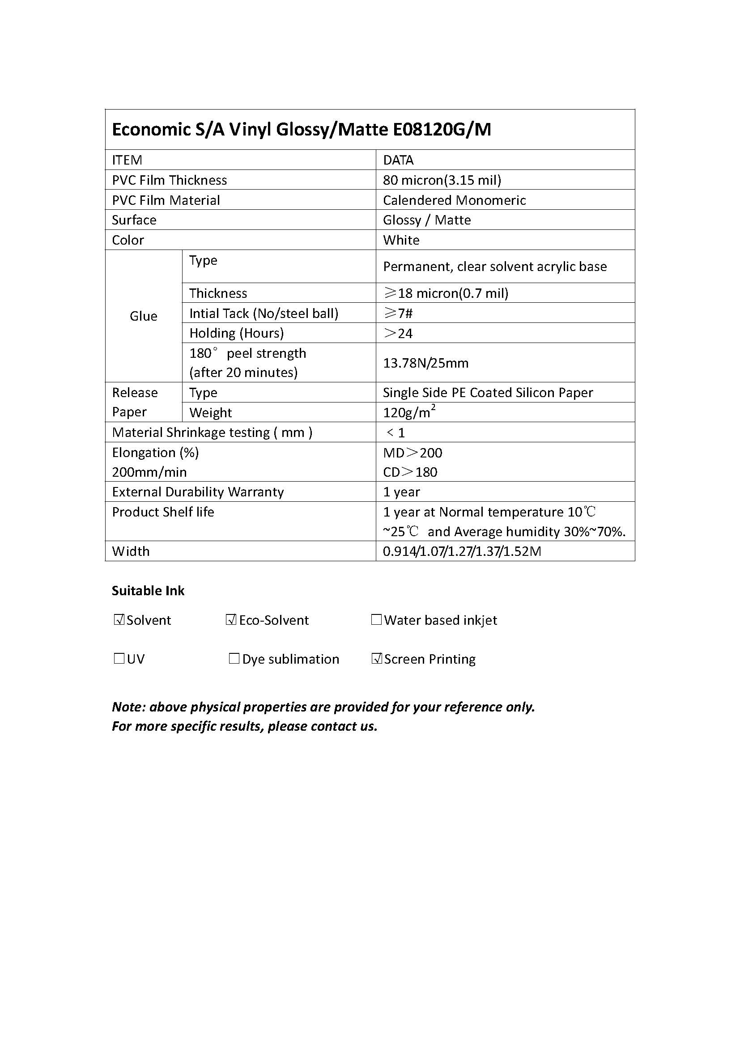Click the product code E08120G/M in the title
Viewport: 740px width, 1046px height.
coord(442,130)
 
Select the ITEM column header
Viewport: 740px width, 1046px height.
coord(127,160)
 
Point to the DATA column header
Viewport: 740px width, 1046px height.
coord(398,160)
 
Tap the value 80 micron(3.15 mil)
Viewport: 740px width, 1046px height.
coord(442,180)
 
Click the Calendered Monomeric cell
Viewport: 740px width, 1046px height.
coord(454,200)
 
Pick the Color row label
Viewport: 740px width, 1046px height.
coord(128,240)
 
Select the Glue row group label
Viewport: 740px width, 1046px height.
coord(144,316)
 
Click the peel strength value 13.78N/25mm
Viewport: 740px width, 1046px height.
coord(425,363)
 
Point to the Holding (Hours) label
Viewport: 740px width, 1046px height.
coord(237,333)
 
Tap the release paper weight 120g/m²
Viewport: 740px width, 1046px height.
coord(409,412)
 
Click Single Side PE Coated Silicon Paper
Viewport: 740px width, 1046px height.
coord(488,392)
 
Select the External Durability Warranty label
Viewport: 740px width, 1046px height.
coord(198,491)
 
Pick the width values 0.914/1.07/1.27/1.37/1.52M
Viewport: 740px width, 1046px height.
coord(462,551)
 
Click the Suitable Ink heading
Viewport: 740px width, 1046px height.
coord(148,591)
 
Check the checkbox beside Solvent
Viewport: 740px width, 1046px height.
coord(119,619)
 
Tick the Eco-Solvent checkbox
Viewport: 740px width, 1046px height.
coord(231,619)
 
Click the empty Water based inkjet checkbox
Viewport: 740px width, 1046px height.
coord(376,619)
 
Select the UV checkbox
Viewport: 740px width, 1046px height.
coord(119,658)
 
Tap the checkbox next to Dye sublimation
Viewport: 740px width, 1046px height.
coord(234,658)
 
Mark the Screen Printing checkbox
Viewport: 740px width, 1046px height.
coord(376,658)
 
